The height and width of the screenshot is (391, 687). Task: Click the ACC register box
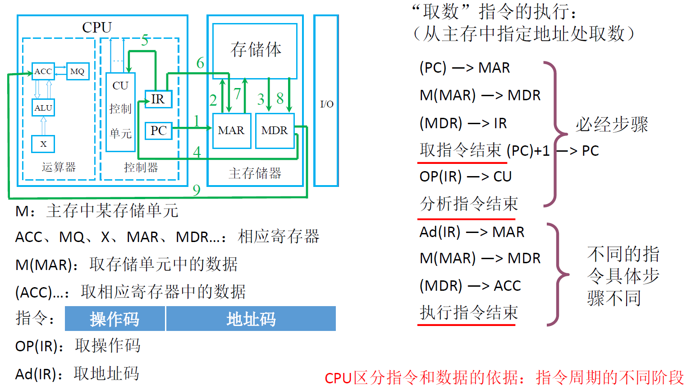[x=43, y=71]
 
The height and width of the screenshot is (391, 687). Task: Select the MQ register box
[x=78, y=71]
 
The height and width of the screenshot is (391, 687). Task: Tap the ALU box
[x=43, y=108]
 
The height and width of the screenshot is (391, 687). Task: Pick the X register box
[x=43, y=144]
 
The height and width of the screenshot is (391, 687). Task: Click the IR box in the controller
[x=158, y=99]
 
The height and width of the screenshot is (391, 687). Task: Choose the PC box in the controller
[x=158, y=131]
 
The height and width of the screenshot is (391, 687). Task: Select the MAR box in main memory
[x=231, y=131]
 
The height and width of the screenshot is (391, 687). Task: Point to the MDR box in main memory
[x=275, y=131]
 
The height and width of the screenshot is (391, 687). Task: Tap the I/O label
[x=326, y=104]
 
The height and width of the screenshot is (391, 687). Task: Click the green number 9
[x=197, y=190]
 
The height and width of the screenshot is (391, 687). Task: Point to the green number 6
[x=200, y=63]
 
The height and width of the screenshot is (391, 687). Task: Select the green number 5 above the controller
[x=145, y=41]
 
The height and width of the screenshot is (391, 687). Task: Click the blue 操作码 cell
[x=115, y=319]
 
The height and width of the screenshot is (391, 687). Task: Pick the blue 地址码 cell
[x=251, y=319]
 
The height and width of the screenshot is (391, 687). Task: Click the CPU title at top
[x=96, y=28]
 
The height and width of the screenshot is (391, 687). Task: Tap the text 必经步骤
[x=612, y=125]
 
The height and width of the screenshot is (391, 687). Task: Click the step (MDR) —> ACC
[x=470, y=286]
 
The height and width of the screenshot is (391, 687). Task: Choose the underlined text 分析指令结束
[x=469, y=204]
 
